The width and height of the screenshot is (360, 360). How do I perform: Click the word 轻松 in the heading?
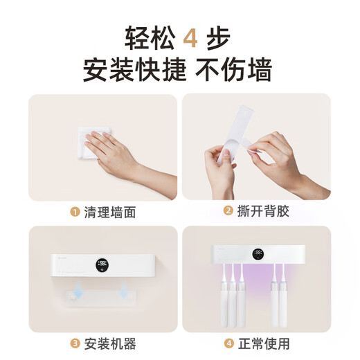148,36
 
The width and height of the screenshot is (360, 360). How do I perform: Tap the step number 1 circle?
75,213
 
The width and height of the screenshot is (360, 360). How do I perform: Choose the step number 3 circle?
75,343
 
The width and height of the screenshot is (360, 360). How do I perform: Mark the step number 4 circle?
226,343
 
